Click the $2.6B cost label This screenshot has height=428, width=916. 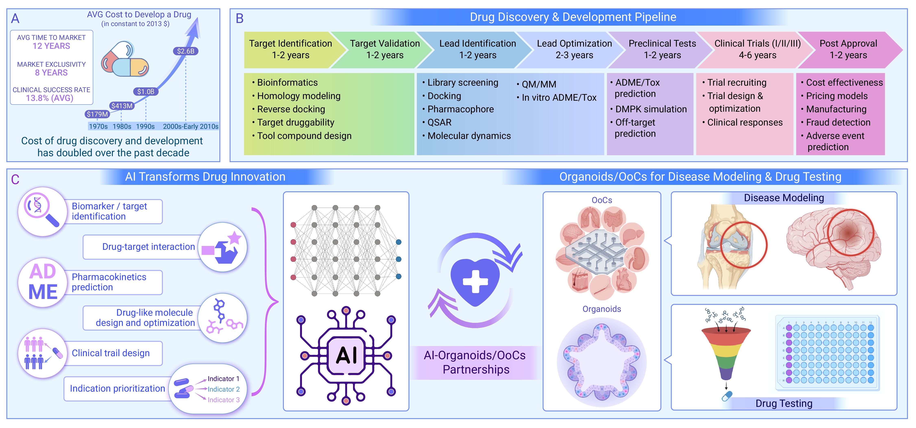point(186,51)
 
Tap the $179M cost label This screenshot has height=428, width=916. point(97,114)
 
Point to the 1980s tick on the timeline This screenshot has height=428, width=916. point(122,126)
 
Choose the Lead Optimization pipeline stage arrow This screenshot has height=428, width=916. point(574,49)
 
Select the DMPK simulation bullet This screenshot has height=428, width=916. point(651,109)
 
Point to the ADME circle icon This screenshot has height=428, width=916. point(43,282)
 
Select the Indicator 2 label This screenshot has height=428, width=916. point(223,389)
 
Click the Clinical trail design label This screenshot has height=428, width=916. point(111,353)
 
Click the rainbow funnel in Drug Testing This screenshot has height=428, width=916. point(726,352)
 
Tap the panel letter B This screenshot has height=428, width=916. point(240,19)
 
